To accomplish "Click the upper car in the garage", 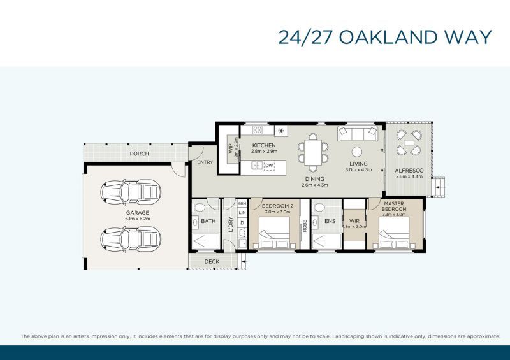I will pyautogui.click(x=131, y=190).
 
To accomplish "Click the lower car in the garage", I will pyautogui.click(x=131, y=239).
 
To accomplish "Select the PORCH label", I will pyautogui.click(x=139, y=154).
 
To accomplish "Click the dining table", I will pyautogui.click(x=312, y=153).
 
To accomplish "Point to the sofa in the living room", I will pyautogui.click(x=357, y=133).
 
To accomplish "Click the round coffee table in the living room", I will pyautogui.click(x=358, y=152).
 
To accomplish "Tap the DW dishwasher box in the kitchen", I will pyautogui.click(x=269, y=166).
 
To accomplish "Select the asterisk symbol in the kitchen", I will pyautogui.click(x=280, y=131).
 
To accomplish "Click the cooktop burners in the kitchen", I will pyautogui.click(x=258, y=130).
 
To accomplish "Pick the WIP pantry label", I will pyautogui.click(x=231, y=150).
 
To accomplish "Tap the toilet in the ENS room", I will pyautogui.click(x=319, y=207).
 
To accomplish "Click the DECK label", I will pyautogui.click(x=212, y=262).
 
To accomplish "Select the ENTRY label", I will pyautogui.click(x=205, y=162).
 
